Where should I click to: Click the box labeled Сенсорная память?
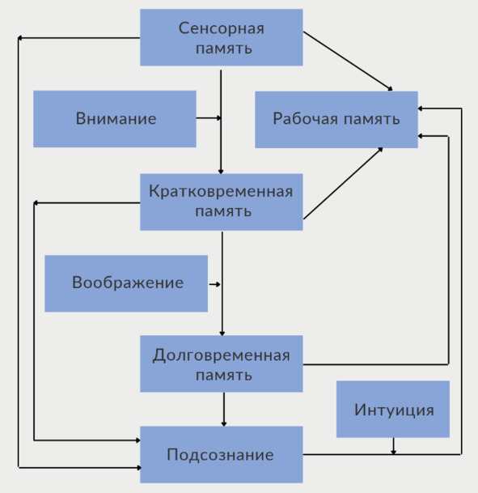[222, 37]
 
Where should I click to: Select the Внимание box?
[115, 119]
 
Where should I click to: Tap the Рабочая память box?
[336, 120]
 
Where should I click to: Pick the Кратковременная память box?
[222, 202]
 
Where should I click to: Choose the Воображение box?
[126, 283]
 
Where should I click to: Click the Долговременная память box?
[222, 363]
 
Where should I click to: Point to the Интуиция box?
[393, 409]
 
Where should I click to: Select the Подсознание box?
[222, 455]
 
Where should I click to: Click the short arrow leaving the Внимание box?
[209, 118]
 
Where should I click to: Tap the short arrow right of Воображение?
[215, 284]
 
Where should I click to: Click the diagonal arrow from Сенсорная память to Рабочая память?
[348, 61]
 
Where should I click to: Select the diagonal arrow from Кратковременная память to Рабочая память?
[343, 183]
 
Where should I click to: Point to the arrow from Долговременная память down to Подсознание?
[223, 410]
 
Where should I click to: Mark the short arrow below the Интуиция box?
[393, 446]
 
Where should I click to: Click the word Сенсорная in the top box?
[222, 28]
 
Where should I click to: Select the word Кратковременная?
[221, 191]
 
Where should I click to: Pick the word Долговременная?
[221, 355]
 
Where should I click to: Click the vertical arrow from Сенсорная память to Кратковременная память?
[221, 122]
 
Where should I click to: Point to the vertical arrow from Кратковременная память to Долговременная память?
[222, 283]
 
